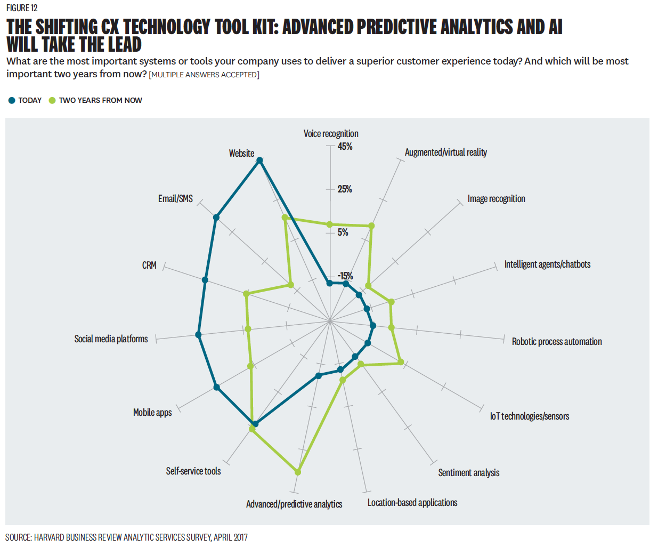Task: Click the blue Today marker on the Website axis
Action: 259,160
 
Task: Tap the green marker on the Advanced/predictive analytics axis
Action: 298,472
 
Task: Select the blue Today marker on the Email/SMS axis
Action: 216,217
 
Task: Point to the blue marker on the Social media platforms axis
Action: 198,335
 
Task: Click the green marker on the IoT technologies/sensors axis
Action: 401,363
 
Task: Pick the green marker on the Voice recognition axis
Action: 329,224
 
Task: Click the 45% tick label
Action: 345,147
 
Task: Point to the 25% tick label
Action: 345,189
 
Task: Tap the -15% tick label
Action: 345,276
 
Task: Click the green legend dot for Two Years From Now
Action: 52,100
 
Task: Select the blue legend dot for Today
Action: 12,100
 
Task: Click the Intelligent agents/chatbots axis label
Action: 547,264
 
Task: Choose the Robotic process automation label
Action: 557,342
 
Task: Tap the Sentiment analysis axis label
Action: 468,473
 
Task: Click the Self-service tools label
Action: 193,471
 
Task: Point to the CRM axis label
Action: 149,266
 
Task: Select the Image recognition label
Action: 496,199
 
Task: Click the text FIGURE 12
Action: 22,8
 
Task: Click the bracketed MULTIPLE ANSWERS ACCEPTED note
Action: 204,75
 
